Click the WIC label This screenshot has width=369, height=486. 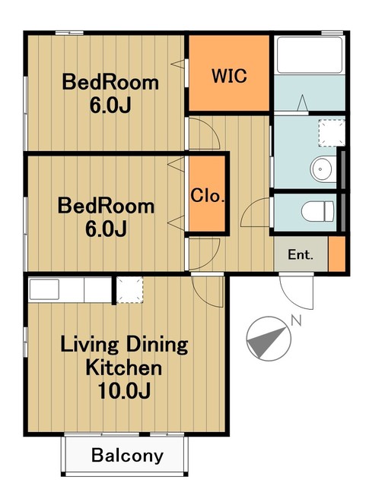tap(229, 76)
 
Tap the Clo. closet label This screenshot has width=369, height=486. tap(208, 196)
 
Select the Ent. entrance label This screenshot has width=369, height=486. tap(301, 255)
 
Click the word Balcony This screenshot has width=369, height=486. tap(127, 456)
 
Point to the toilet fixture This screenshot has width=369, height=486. tap(318, 211)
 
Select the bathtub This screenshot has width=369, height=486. tap(310, 55)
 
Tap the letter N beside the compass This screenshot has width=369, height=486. tap(296, 320)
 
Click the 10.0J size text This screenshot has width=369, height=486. tap(124, 390)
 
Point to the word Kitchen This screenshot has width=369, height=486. tap(123, 368)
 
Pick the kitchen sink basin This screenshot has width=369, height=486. tap(44, 289)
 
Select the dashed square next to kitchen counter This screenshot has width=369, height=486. tap(130, 290)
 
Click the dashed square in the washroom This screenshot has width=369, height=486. tap(332, 133)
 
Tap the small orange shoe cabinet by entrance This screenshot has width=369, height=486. tap(337, 254)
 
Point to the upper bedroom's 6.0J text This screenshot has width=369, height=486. tap(110, 106)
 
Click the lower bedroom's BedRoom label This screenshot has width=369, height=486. tap(106, 206)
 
